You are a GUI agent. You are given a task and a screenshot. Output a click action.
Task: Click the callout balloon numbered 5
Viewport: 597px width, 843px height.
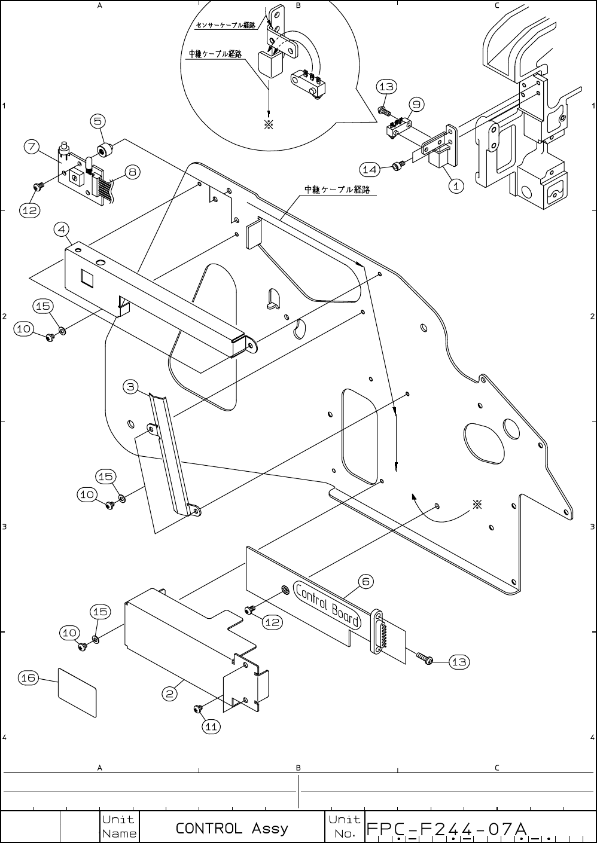99,121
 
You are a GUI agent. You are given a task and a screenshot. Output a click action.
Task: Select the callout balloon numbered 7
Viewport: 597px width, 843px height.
32,146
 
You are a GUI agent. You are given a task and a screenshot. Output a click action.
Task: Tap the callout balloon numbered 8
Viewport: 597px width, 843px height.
132,172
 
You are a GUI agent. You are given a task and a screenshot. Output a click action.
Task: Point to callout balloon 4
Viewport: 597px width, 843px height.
61,229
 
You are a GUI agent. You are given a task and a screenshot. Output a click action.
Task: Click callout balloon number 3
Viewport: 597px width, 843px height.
132,387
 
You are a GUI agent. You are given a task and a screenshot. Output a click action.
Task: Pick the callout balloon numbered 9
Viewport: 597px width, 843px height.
416,105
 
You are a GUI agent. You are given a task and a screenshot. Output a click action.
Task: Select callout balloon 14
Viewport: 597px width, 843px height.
370,170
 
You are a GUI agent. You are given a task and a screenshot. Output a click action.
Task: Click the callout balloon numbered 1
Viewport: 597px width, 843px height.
456,186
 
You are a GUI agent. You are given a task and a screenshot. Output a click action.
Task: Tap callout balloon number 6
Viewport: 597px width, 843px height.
366,581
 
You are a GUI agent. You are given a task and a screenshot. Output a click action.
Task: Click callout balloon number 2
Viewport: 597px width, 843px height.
170,694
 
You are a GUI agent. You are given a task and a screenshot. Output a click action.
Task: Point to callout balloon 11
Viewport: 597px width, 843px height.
211,727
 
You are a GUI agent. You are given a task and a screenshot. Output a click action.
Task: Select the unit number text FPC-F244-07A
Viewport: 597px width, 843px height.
446,829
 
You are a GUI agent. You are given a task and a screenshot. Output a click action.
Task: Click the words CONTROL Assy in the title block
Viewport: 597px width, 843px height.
232,829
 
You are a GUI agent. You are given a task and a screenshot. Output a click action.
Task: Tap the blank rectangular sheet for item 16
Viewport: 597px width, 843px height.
77,692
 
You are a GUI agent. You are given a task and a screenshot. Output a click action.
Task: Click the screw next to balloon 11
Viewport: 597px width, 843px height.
196,709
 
